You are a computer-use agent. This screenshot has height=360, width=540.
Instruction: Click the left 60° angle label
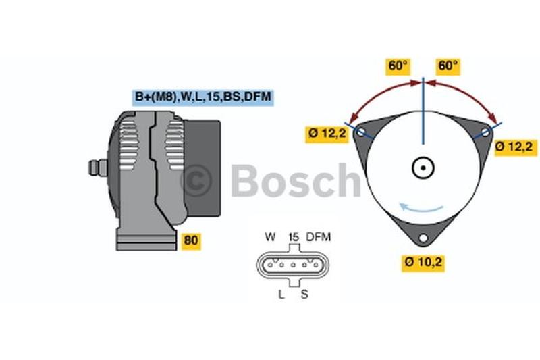coord(398,66)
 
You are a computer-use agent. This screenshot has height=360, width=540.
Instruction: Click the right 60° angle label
coord(448,66)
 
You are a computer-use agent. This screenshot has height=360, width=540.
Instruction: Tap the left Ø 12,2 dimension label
coord(327,133)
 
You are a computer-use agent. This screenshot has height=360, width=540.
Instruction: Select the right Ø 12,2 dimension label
coord(514,147)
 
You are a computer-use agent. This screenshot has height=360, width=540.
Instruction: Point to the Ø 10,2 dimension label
coord(423,262)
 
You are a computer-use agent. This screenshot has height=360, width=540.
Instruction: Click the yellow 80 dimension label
coord(190,240)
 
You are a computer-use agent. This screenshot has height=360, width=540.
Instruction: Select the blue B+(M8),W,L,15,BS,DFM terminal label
coord(203,97)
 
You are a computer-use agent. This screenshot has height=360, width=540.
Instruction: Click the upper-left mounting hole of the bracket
coord(361,131)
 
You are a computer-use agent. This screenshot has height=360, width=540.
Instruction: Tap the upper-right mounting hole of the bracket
coord(485,132)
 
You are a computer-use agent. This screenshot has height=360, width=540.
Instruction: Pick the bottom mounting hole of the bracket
coord(423,238)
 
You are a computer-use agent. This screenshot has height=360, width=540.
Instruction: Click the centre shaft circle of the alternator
coord(423,168)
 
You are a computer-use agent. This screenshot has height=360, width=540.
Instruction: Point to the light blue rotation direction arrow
coord(421,208)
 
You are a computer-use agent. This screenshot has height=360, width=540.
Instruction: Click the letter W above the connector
coord(271,237)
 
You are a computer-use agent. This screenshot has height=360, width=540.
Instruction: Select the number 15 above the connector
coord(294,237)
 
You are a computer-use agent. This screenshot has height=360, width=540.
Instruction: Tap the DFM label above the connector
coord(319,237)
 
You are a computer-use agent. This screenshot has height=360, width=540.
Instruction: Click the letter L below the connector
coord(281,294)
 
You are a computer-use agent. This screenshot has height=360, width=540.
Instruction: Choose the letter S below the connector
coord(304,294)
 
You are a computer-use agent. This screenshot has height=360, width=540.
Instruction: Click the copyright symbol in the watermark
coord(196,180)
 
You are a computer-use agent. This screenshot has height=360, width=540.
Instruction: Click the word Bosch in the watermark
coord(296,180)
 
